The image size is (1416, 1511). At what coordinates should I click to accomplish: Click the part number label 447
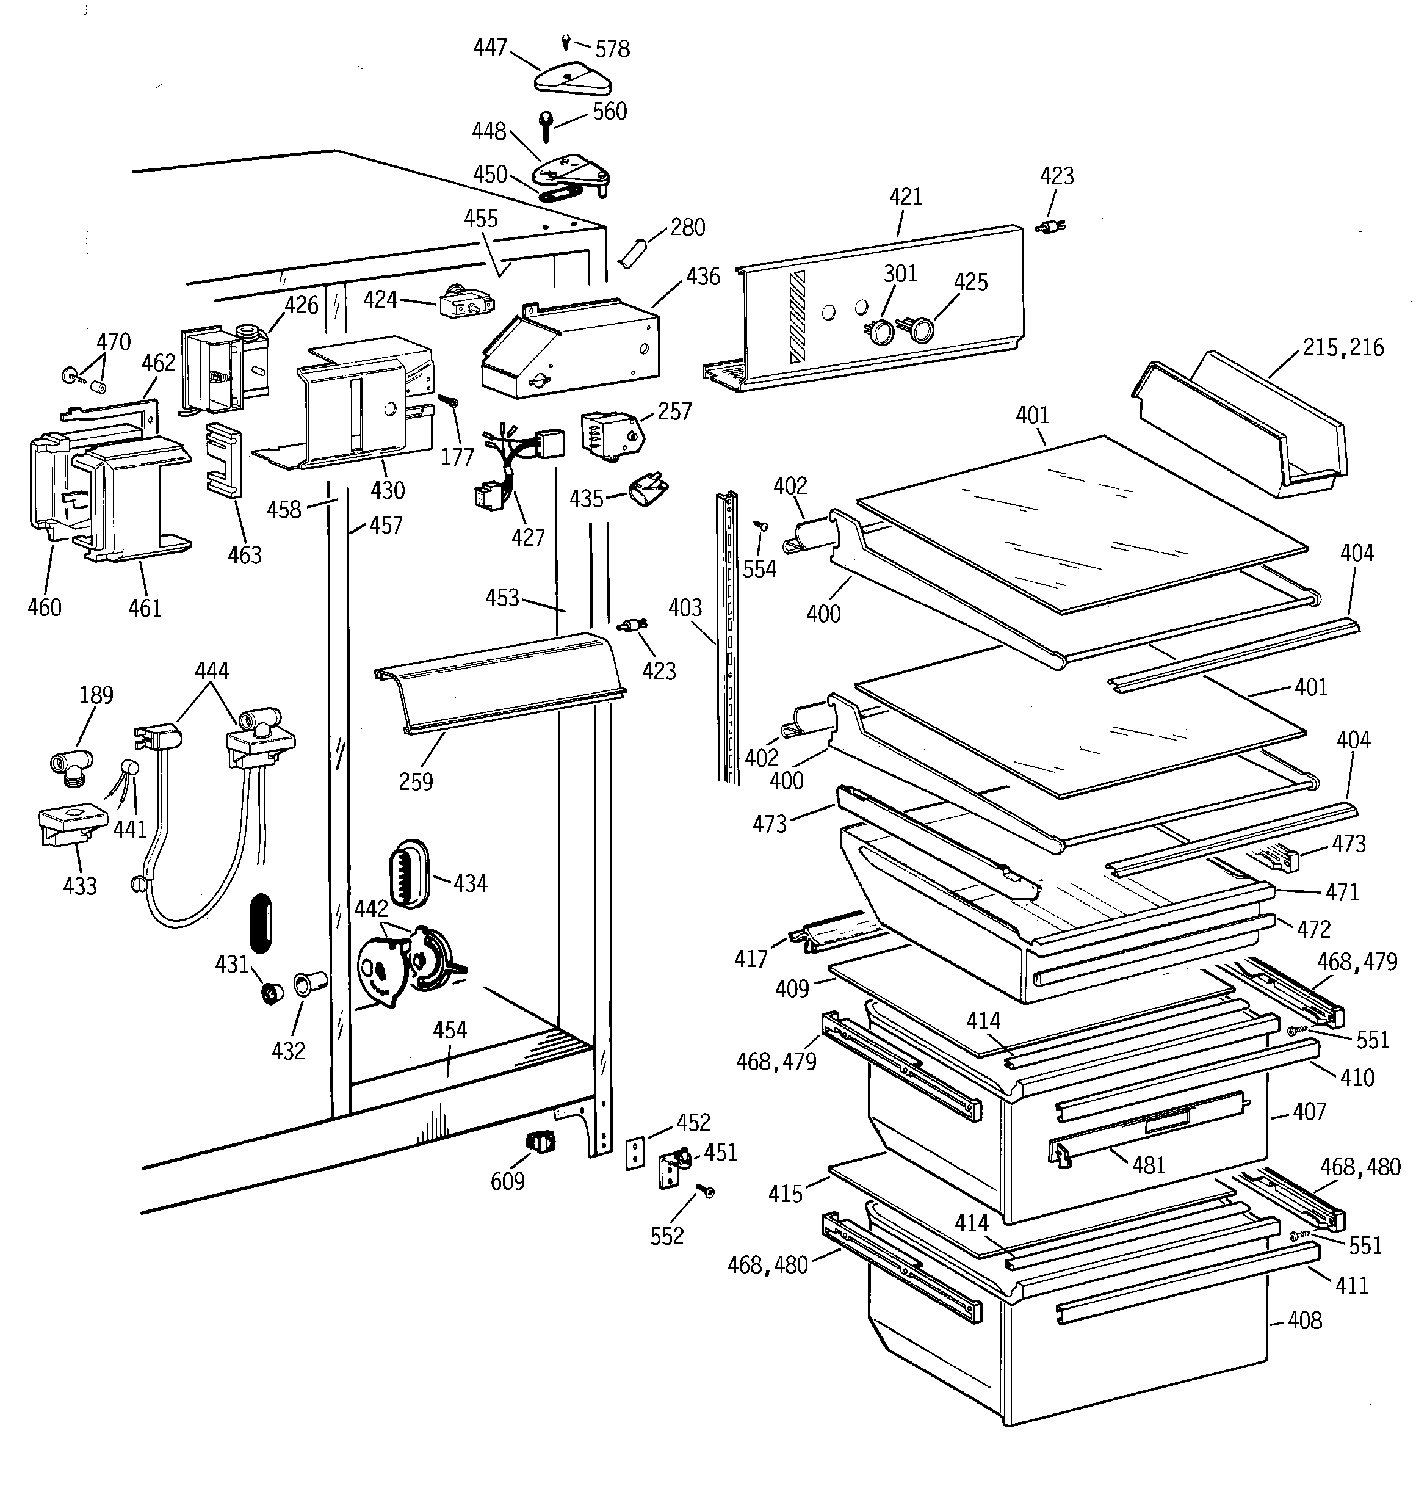(489, 48)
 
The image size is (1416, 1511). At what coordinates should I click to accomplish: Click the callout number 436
(703, 277)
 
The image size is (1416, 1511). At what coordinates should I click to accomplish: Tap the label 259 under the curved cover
(416, 781)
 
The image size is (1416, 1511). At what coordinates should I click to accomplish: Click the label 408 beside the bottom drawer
(1305, 1321)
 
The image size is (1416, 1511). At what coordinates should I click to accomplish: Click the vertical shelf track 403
(728, 639)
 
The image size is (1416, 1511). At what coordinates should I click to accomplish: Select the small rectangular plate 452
(635, 1154)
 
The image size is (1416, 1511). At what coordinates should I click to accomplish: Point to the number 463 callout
(244, 555)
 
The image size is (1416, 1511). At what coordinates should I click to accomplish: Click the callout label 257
(674, 411)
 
